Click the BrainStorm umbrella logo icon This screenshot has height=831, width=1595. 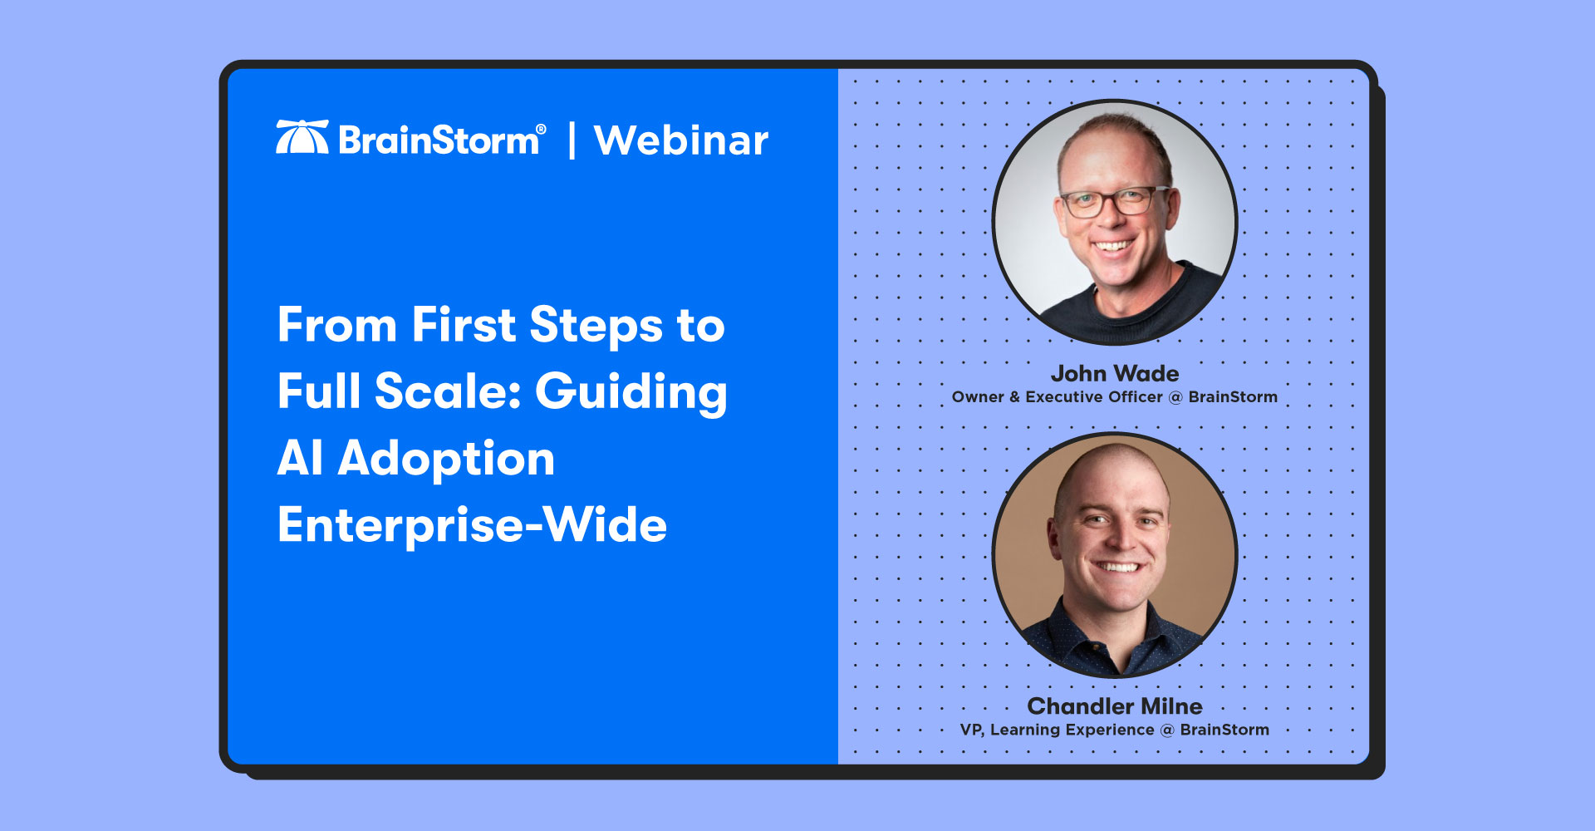pos(302,137)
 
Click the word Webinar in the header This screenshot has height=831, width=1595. pos(681,140)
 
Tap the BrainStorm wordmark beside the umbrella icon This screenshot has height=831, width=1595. pos(439,140)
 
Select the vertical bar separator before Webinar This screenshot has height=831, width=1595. pos(572,140)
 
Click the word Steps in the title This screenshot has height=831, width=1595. pos(596,325)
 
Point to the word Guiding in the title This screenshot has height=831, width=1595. pos(631,392)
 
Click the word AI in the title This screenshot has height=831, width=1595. pos(301,458)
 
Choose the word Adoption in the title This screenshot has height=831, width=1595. pos(446,460)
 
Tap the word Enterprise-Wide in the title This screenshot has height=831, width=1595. pos(473,525)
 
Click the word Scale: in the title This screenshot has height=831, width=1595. pos(448,391)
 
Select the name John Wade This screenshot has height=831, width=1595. pos(1115,373)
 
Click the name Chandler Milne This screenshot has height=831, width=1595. pos(1115,706)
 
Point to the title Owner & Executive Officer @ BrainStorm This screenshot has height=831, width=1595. pos(1115,397)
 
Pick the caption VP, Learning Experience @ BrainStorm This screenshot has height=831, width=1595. pos(1115,730)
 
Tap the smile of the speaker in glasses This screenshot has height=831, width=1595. pos(1112,246)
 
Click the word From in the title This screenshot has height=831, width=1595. pos(338,325)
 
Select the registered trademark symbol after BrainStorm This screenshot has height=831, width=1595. pos(541,129)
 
